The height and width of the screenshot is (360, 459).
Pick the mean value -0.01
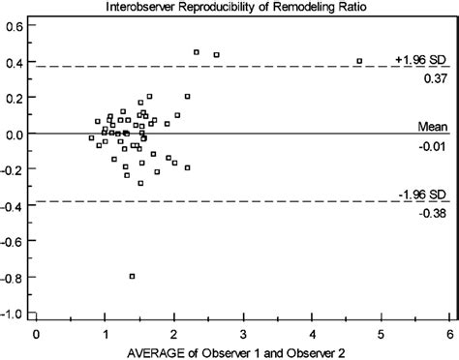(x=432, y=145)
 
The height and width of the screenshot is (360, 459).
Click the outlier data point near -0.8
(x=132, y=276)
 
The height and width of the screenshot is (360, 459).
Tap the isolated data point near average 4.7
(x=359, y=61)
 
